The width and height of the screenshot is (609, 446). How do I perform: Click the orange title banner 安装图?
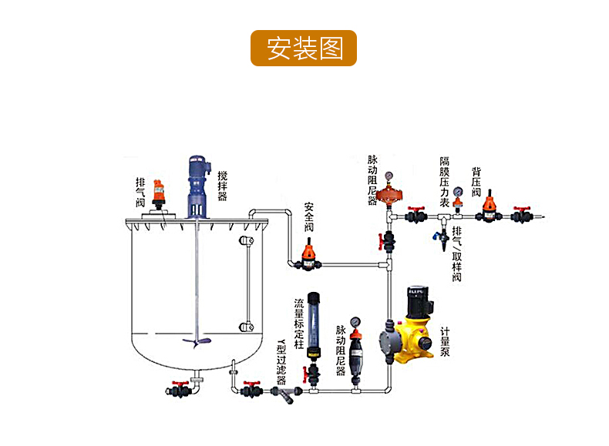[x=304, y=48]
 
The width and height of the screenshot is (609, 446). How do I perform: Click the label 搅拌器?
[x=222, y=186]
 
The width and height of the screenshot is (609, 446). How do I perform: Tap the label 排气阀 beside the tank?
[x=140, y=193]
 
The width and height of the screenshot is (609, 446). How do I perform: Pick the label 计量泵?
[x=446, y=342]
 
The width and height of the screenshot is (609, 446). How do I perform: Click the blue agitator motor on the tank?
[x=198, y=183]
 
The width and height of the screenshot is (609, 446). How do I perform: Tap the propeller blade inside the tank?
[x=195, y=342]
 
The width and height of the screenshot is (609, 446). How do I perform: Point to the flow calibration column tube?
[x=313, y=323]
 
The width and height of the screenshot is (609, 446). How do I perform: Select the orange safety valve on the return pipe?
[x=308, y=253]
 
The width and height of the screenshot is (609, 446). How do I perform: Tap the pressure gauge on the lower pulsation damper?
[x=355, y=321]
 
